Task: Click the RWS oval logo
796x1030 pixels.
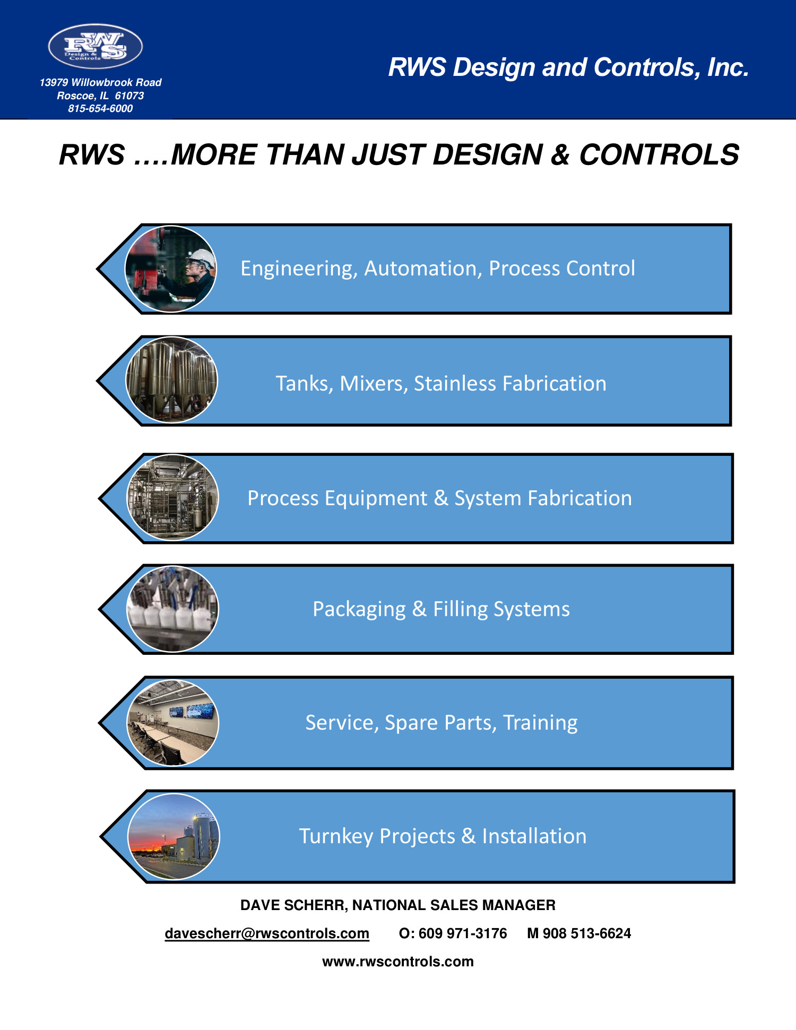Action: click(x=96, y=46)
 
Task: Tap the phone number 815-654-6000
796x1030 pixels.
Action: click(x=100, y=109)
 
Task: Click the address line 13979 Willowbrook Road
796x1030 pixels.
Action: click(x=100, y=83)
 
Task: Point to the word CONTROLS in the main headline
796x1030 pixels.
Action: click(x=659, y=155)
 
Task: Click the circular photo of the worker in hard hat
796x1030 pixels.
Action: click(x=171, y=269)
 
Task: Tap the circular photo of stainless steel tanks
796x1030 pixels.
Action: click(x=171, y=380)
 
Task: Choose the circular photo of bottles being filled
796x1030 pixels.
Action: click(x=172, y=609)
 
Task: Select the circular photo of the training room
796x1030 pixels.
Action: click(x=172, y=723)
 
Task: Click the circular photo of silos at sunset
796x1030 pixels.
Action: click(x=174, y=836)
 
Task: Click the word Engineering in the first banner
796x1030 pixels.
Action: click(x=298, y=269)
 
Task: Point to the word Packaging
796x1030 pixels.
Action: click(x=359, y=609)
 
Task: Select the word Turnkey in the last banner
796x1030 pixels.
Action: click(x=336, y=836)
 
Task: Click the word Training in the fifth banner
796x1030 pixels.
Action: click(x=540, y=723)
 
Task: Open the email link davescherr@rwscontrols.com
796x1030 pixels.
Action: click(x=267, y=933)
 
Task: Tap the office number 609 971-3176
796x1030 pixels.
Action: click(x=462, y=933)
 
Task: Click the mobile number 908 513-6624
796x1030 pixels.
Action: click(x=586, y=933)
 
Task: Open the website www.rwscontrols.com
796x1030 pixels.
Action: click(x=398, y=962)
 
